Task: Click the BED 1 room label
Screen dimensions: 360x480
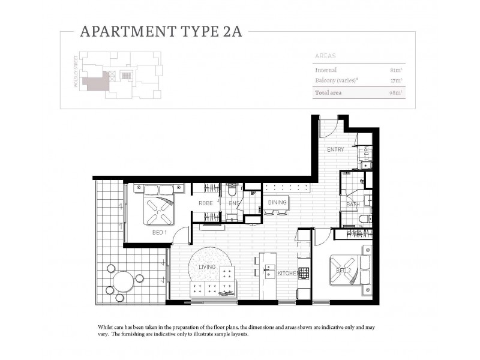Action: (160, 232)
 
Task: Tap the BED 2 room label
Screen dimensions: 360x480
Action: (344, 271)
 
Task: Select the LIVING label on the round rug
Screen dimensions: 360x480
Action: (207, 266)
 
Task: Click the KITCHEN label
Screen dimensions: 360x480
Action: (287, 274)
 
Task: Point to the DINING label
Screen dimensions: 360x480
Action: (277, 203)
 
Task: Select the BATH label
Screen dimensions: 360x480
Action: (352, 205)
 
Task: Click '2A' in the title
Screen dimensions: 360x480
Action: (230, 32)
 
